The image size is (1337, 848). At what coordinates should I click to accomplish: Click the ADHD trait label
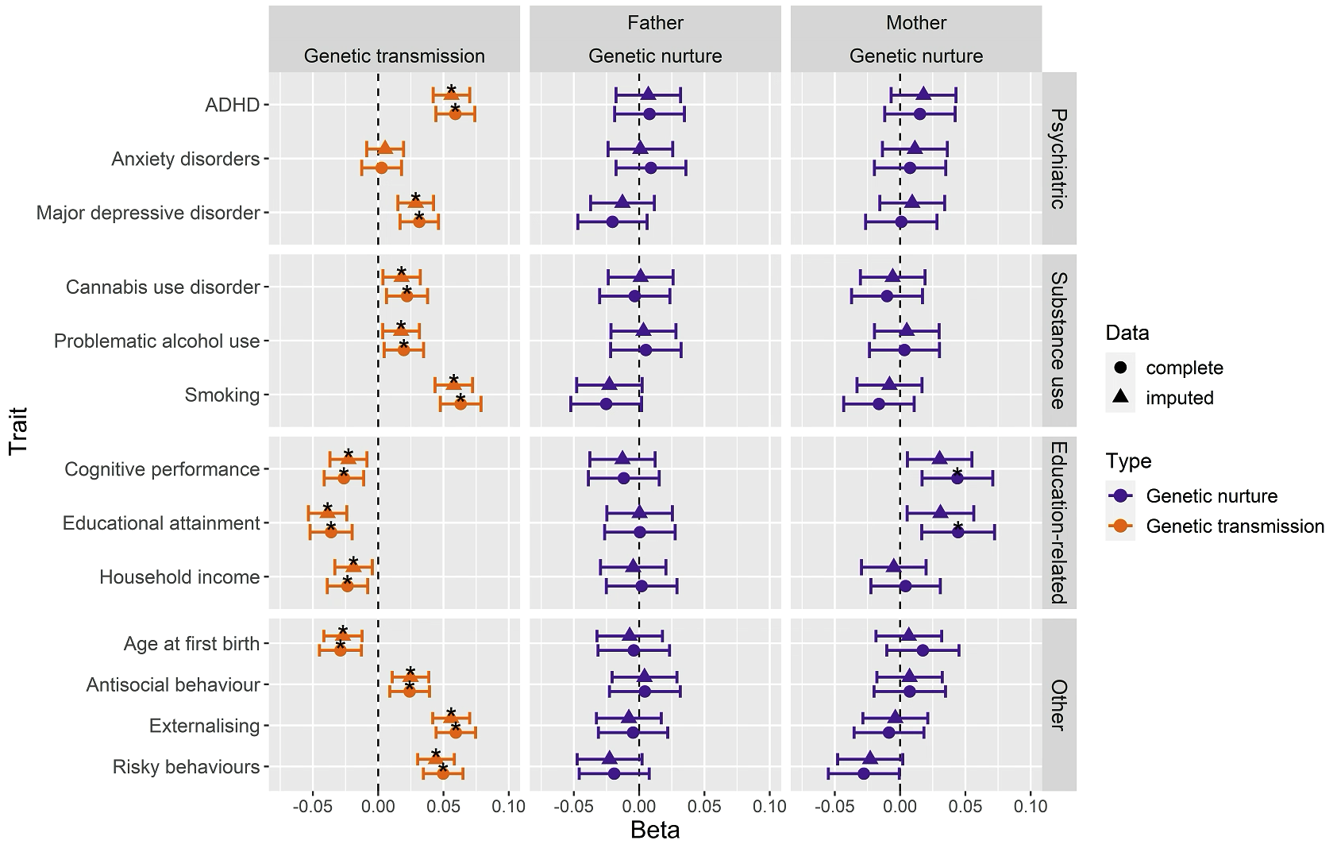point(233,105)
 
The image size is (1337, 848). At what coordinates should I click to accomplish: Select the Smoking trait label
point(222,395)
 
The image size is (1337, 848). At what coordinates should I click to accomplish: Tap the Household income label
point(179,577)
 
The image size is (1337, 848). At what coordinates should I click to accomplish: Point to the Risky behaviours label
point(186,767)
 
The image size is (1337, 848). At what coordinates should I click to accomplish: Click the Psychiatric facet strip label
point(1058,159)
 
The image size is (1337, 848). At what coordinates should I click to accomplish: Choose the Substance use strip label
point(1058,341)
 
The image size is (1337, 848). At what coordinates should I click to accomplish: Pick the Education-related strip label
point(1058,523)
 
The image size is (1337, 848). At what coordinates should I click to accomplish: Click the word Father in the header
point(655,23)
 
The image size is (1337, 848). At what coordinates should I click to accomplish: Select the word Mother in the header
point(916,23)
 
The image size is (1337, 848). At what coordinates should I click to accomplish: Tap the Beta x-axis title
point(655,831)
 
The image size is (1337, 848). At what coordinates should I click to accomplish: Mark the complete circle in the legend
point(1121,368)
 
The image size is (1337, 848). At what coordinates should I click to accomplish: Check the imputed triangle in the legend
point(1121,397)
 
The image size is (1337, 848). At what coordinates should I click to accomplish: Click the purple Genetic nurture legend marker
point(1121,496)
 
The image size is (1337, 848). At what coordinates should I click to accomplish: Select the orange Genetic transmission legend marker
point(1121,526)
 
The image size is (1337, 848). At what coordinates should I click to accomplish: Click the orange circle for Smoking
point(460,404)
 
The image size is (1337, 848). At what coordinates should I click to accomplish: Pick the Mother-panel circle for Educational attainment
point(957,532)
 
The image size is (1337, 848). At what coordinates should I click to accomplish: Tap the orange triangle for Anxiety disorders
point(385,148)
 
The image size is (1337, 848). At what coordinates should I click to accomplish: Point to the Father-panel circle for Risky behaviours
point(614,773)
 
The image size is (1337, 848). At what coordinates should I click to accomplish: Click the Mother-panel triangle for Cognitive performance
point(939,458)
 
